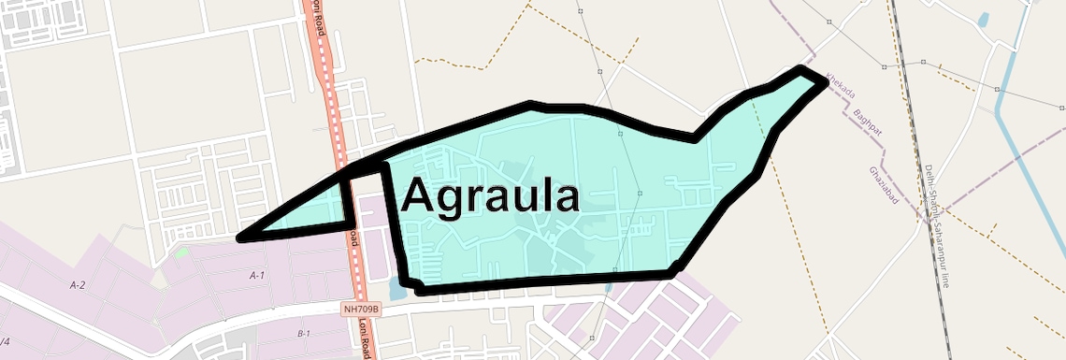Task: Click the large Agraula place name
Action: tap(490, 197)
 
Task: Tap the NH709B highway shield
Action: tap(361, 309)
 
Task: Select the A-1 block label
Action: tap(257, 275)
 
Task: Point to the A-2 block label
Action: tap(78, 283)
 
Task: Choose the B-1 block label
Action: tap(303, 334)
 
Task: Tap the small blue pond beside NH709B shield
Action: tap(396, 293)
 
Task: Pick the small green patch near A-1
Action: tap(180, 252)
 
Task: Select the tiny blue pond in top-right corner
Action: tap(983, 18)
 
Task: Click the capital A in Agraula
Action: tap(419, 197)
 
